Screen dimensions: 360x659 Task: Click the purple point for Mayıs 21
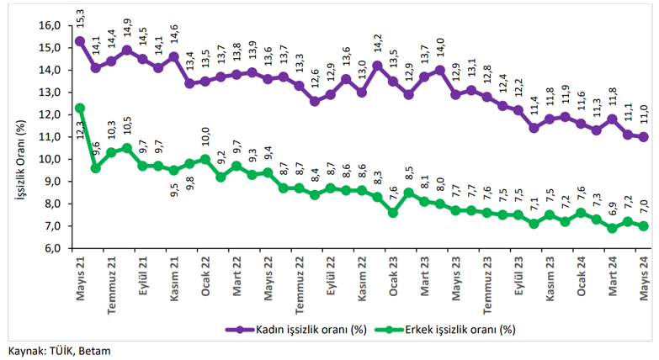[80, 40]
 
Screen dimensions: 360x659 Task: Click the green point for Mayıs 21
[80, 108]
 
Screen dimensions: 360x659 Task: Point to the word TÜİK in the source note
[60, 351]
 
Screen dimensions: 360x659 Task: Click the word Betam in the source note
[94, 351]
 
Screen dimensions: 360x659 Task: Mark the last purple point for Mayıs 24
[644, 137]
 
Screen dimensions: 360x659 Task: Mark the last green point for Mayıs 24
[644, 226]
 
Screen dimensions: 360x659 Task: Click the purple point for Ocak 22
[205, 81]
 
